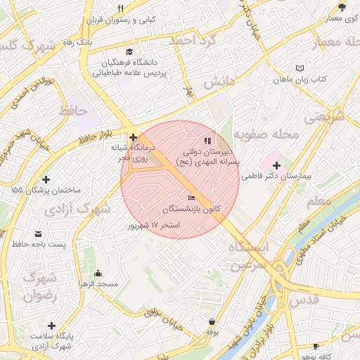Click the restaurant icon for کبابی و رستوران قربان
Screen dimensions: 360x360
(120, 9)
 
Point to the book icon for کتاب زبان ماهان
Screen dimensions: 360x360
(300, 68)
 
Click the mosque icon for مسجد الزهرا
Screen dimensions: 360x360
(98, 273)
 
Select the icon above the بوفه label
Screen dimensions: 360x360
(212, 321)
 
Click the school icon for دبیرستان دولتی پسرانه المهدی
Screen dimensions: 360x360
(207, 141)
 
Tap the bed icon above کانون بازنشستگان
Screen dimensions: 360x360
(192, 199)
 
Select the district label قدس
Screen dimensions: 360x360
(304, 300)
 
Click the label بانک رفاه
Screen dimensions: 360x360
(95, 43)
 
